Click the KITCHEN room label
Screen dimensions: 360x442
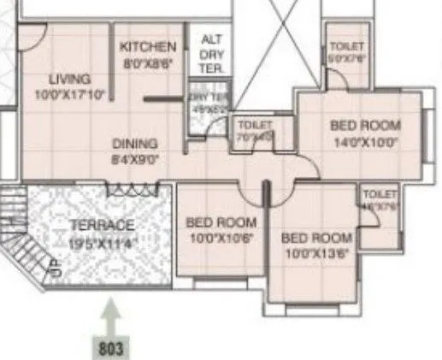148,46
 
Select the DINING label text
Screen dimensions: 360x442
135,144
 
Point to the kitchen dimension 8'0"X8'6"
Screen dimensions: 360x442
148,62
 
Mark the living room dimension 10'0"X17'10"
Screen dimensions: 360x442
68,94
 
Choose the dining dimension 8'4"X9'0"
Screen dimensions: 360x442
135,158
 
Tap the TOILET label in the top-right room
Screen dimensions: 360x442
346,46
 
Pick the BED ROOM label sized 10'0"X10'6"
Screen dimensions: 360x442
221,222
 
